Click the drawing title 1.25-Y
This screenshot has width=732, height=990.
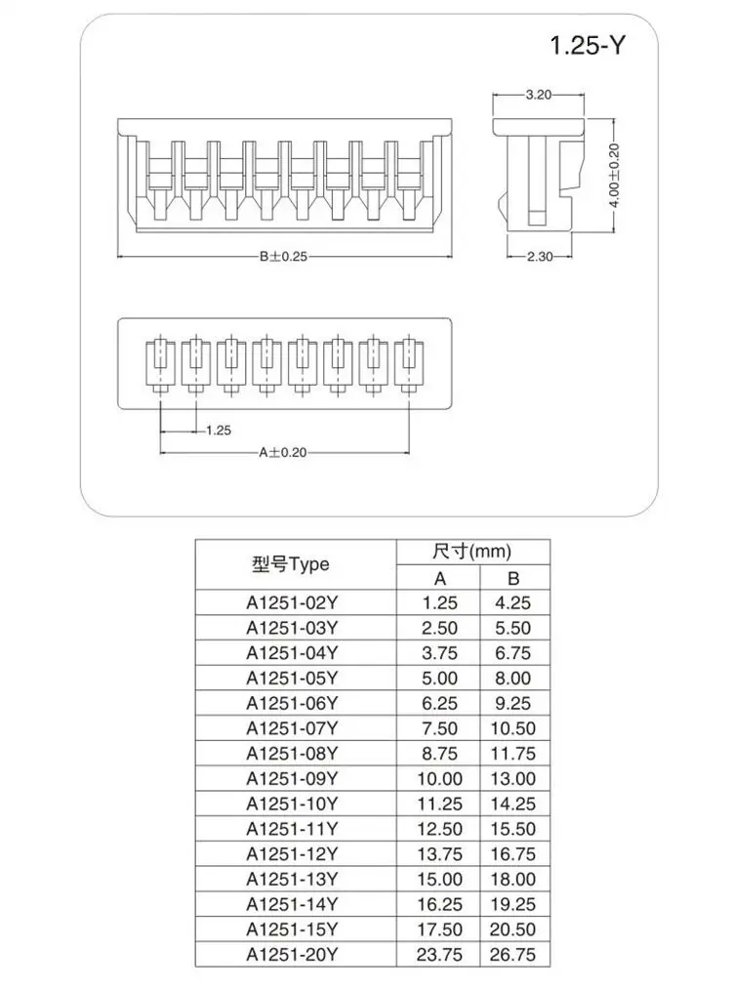(586, 45)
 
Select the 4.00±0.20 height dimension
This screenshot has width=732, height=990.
(614, 176)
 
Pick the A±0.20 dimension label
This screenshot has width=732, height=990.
(283, 452)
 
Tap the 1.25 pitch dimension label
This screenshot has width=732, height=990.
(219, 430)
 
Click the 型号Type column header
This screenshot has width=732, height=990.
(291, 564)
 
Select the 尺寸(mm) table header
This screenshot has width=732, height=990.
(472, 552)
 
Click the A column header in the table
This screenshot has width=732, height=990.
(439, 577)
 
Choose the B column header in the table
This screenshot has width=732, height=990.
(514, 577)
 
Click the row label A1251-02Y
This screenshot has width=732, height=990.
(292, 603)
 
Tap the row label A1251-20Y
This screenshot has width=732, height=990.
(292, 955)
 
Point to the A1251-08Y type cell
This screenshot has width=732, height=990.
(292, 754)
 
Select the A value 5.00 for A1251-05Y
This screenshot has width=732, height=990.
(439, 679)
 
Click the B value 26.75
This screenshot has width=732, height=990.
(514, 955)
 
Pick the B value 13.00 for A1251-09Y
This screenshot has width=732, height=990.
(514, 779)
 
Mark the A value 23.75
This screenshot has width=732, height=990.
(439, 955)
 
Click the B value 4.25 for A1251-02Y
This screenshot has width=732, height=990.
(514, 603)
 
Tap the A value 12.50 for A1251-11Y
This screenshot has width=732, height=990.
(439, 829)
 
